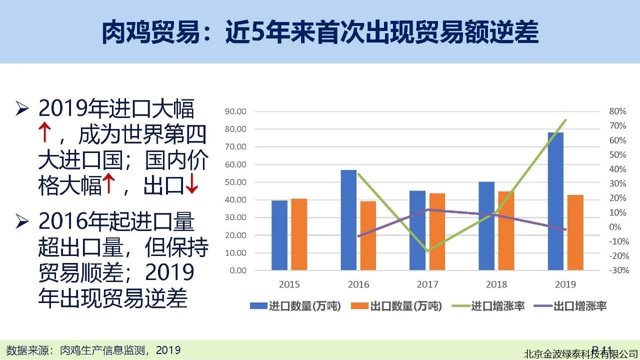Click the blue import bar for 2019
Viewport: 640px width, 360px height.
coord(555,201)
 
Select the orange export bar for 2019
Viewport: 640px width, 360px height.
coord(575,232)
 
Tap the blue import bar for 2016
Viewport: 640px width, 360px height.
coord(348,220)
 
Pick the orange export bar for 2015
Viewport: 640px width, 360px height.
coord(299,234)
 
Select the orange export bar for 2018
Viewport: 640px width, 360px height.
coord(506,230)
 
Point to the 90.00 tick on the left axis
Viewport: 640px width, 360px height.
coord(235,111)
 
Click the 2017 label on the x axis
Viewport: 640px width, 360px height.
coord(427,284)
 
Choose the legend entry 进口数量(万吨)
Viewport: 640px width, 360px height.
coord(295,306)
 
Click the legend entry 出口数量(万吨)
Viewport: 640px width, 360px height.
coord(397,306)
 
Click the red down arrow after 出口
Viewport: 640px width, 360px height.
coord(192,186)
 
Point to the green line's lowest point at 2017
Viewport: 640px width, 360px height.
coord(427,250)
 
